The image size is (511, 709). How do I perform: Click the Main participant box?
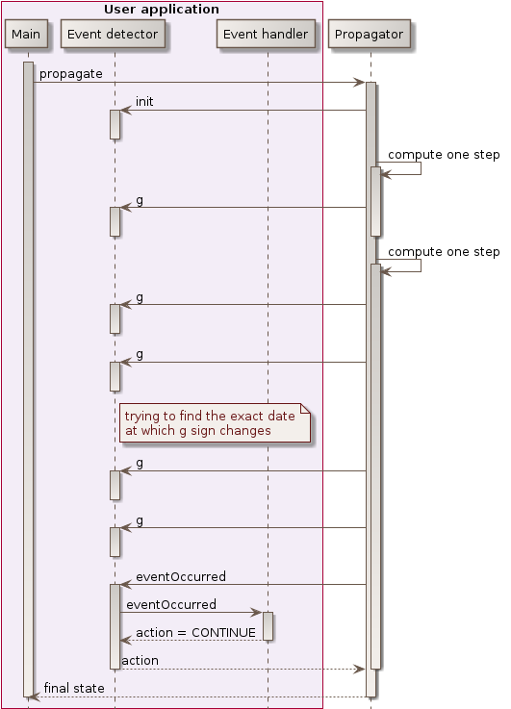point(27,35)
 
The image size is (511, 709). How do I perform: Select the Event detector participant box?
point(114,35)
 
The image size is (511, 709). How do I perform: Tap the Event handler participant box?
point(267,35)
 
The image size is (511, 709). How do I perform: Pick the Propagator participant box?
point(370,35)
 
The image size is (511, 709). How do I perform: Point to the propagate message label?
point(71,74)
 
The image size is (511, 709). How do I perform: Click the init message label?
point(144,102)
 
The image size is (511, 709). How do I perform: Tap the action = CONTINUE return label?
point(196,632)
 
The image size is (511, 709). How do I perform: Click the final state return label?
point(74,688)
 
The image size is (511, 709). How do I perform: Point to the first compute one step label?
point(444,154)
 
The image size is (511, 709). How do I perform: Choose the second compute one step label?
point(444,252)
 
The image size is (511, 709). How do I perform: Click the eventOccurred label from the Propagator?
point(181,576)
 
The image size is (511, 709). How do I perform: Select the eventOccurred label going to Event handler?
point(171,604)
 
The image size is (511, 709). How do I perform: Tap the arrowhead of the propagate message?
point(360,83)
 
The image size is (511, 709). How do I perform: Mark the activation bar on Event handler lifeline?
point(268,626)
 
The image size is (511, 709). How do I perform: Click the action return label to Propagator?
point(141,660)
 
